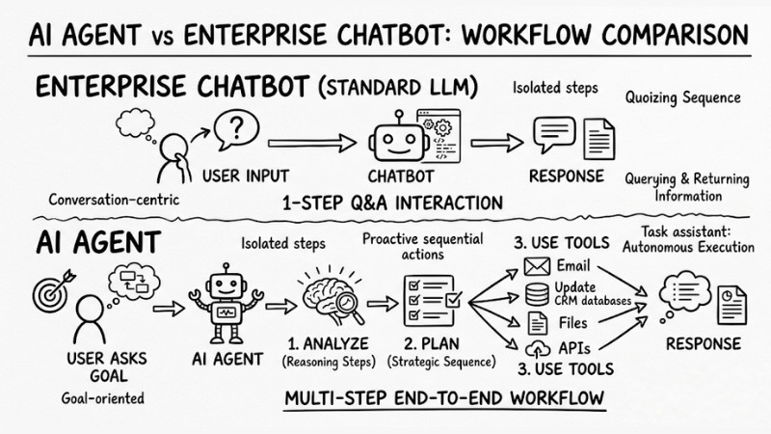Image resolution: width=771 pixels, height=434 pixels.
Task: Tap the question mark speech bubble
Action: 232,128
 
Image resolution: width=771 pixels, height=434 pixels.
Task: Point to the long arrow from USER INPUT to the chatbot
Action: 308,142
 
